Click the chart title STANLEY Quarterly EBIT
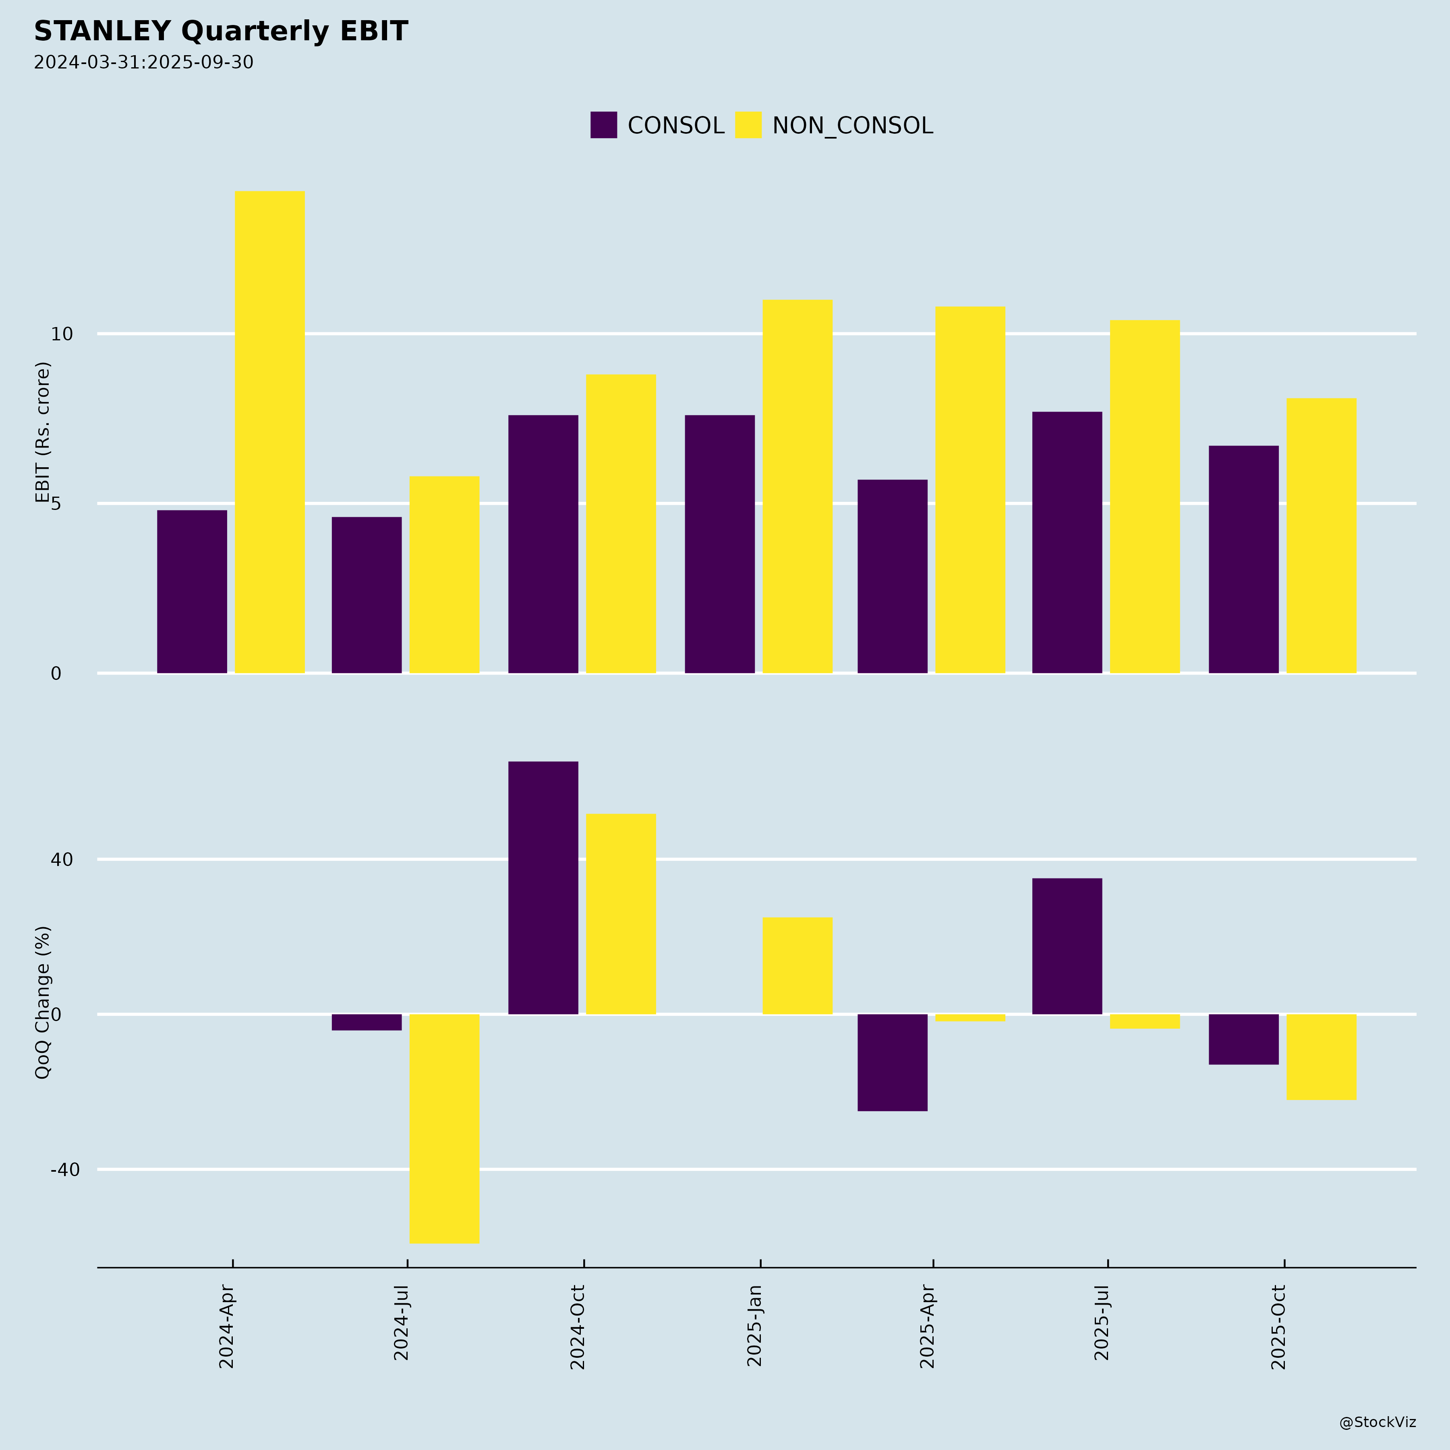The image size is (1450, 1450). [x=221, y=31]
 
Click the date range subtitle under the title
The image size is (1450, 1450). [x=143, y=62]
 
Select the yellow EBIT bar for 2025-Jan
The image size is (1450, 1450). [x=797, y=486]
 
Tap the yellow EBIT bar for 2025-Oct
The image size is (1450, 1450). [x=1321, y=535]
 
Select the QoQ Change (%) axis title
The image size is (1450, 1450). [x=43, y=1002]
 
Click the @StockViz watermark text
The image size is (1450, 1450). [x=1377, y=1422]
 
